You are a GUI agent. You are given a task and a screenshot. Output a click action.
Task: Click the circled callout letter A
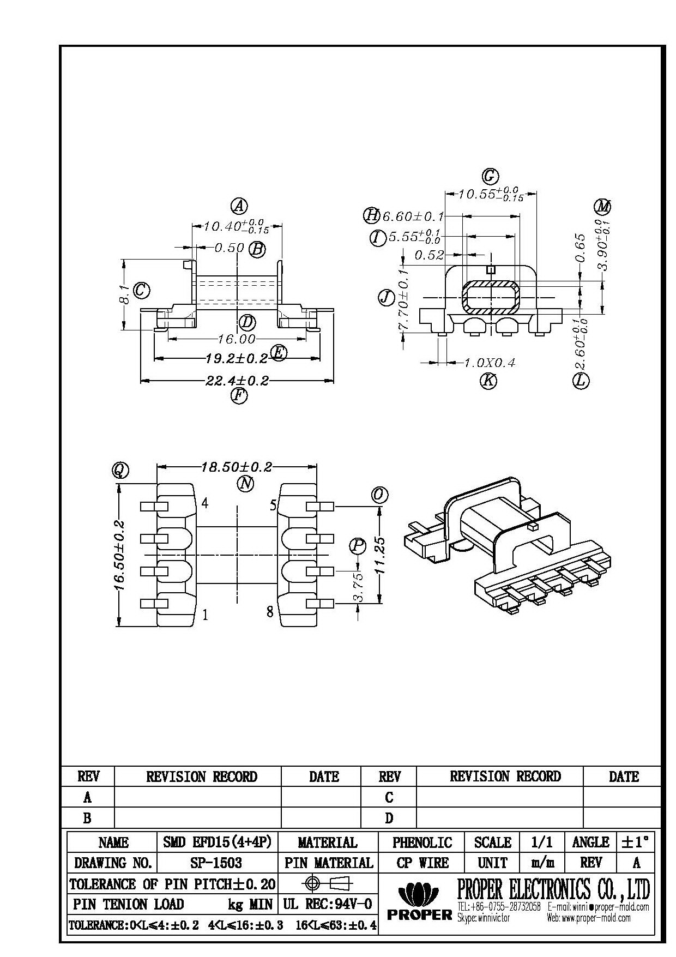click(239, 206)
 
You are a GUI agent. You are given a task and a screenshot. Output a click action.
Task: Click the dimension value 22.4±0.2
click(237, 381)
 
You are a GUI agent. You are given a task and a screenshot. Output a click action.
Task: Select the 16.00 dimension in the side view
click(237, 339)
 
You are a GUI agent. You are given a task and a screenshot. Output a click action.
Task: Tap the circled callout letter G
click(490, 176)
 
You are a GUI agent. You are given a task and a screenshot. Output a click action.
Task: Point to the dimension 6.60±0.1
click(413, 216)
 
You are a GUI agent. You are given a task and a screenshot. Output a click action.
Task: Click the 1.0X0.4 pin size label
click(488, 363)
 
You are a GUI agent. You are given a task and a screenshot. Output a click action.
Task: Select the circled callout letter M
click(602, 207)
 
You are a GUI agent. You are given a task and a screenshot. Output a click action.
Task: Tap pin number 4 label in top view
click(205, 503)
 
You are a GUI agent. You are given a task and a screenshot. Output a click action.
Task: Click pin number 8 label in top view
click(270, 611)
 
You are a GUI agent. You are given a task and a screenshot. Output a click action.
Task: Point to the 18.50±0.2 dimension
click(237, 467)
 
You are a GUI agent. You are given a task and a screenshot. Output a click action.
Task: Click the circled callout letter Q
click(120, 470)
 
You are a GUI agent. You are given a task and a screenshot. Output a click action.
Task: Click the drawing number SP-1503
click(217, 863)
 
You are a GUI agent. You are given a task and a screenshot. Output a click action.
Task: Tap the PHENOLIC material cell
click(422, 842)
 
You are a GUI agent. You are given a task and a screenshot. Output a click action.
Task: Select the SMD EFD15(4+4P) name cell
click(217, 842)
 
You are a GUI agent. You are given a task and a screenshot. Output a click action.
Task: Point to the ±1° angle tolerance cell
click(636, 842)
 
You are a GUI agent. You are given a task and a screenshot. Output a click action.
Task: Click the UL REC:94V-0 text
click(328, 904)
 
